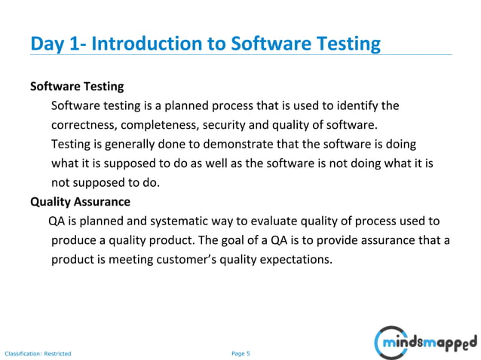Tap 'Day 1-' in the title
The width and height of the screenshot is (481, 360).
(x=57, y=44)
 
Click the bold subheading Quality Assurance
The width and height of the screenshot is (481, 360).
(x=80, y=202)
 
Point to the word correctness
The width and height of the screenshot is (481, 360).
(x=84, y=124)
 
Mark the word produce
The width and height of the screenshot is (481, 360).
(x=74, y=240)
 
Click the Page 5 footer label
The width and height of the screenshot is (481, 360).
(x=240, y=352)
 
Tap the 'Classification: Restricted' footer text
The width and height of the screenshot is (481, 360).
(x=38, y=352)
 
